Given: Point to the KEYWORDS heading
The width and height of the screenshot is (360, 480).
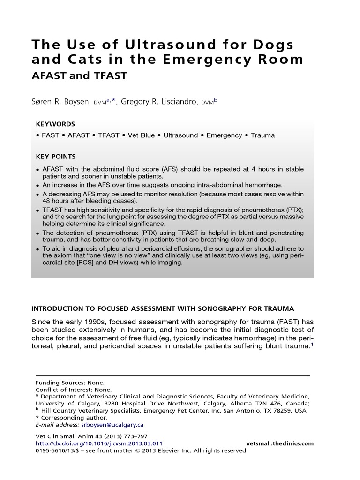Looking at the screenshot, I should pos(55,124).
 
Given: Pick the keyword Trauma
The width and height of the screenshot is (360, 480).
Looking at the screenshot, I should pos(262,135).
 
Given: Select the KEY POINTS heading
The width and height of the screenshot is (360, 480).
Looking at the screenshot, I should pos(56,157).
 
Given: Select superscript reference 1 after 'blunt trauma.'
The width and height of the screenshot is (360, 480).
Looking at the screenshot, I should pos(312,344).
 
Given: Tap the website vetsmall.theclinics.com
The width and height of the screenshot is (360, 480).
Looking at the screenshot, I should pos(279,443).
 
